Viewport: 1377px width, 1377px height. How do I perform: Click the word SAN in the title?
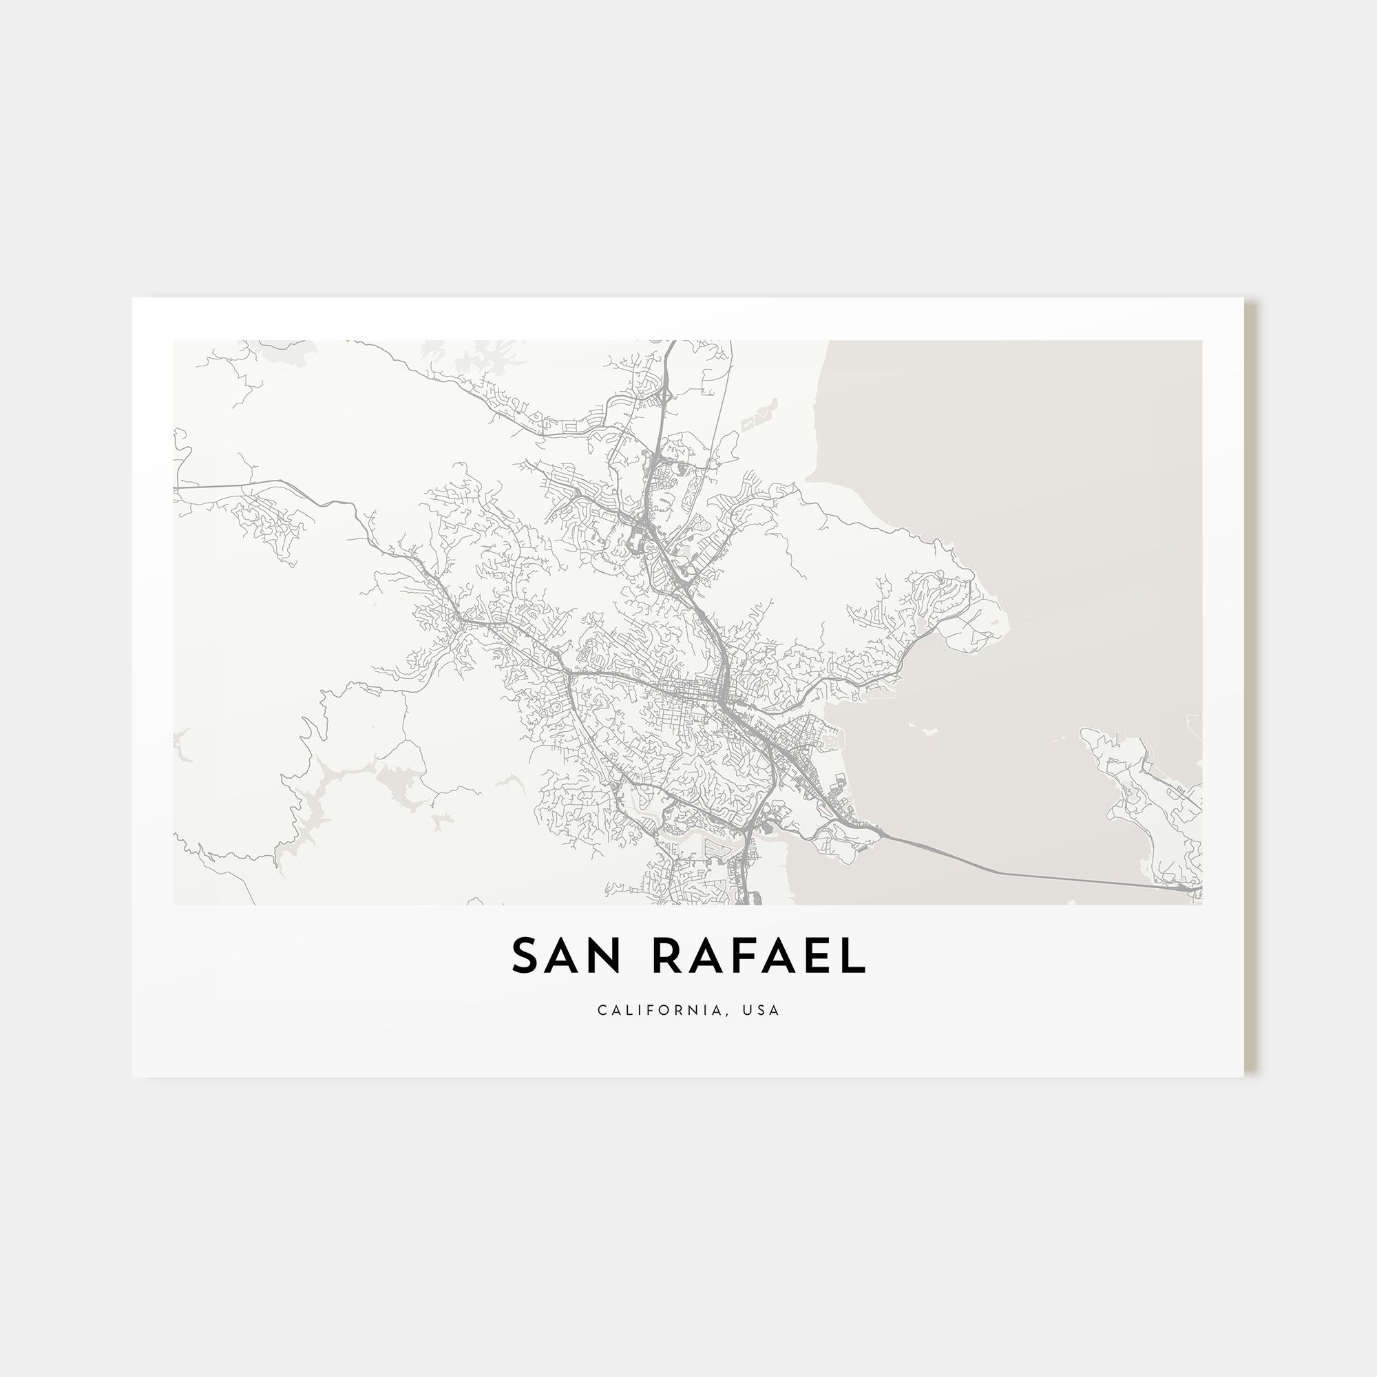coord(567,956)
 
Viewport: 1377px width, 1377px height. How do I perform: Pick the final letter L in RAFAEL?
coord(854,956)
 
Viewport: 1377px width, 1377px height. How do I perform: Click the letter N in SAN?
coord(605,956)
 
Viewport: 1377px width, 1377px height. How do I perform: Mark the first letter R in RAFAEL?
coord(668,956)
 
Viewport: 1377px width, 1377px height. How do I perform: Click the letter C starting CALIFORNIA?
coord(602,1010)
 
